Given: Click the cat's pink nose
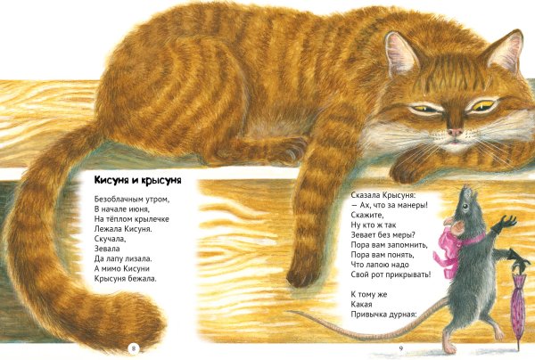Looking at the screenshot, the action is pos(455,132).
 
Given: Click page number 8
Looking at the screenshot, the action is pos(134,348).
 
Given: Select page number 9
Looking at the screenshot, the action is pos(401,348).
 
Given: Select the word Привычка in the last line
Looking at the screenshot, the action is pos(370,315).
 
